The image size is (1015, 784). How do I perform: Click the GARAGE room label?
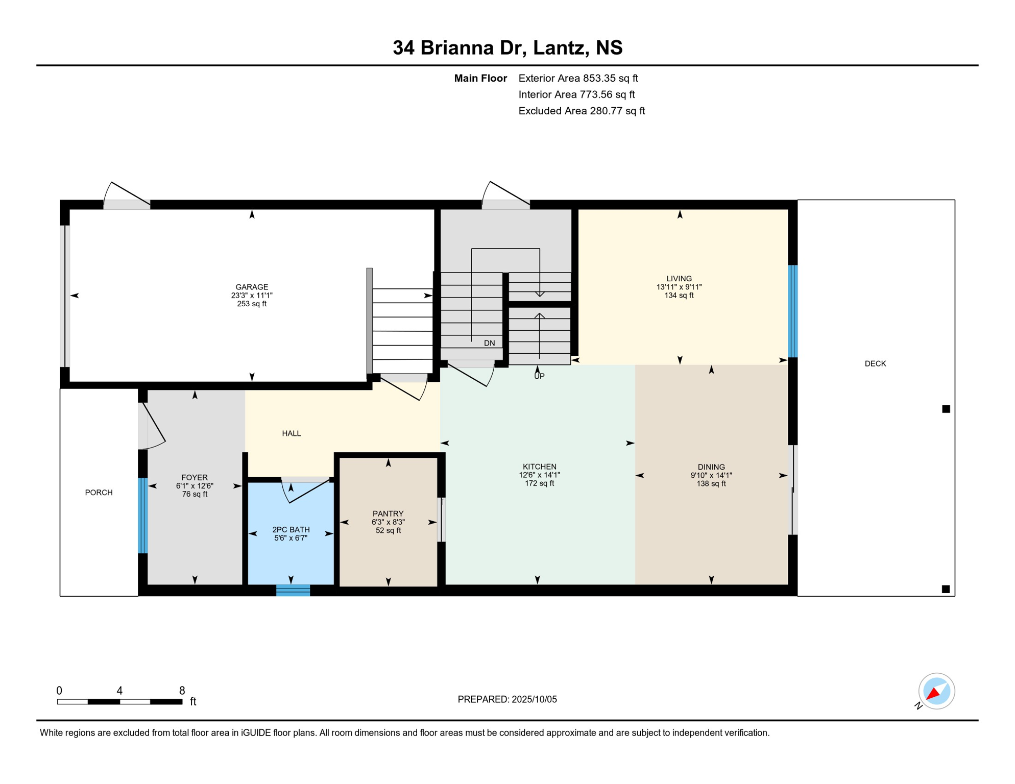(252, 287)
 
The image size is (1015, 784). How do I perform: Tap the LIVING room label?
(679, 279)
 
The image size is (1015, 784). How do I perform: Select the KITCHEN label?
(540, 467)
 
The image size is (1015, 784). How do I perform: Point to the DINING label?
(711, 467)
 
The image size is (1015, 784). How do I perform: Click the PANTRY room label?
(388, 513)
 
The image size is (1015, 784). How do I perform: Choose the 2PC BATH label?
(291, 530)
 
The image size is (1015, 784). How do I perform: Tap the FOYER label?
(195, 478)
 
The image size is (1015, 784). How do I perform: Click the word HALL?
(292, 433)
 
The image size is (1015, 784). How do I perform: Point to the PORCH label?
(99, 493)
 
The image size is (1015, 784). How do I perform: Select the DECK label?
(875, 363)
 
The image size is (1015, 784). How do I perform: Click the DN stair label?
(490, 343)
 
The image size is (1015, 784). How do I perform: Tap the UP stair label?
(540, 376)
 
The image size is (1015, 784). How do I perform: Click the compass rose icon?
(936, 691)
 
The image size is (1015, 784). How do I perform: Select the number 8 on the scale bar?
(182, 691)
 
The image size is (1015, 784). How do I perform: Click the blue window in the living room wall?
(793, 311)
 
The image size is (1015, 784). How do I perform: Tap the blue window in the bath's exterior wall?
(293, 590)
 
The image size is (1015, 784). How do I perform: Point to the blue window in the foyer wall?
(143, 516)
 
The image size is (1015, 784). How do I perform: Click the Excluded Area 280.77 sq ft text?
(582, 111)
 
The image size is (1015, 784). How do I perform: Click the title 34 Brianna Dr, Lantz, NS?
(507, 47)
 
